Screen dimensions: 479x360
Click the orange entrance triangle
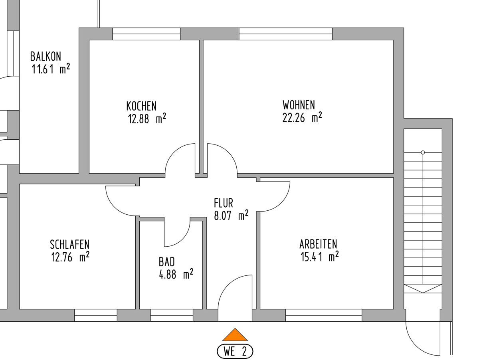[235, 335]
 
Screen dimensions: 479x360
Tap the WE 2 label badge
[235, 351]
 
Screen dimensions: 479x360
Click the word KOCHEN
[141, 106]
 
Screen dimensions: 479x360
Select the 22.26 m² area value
[302, 118]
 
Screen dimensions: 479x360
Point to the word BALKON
[46, 56]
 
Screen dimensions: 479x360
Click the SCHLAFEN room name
[69, 245]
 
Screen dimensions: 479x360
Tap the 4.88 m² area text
[176, 274]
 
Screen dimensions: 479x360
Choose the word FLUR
[224, 203]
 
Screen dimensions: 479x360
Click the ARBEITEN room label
[318, 244]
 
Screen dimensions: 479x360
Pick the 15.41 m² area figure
[319, 257]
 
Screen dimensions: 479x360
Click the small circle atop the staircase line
[423, 152]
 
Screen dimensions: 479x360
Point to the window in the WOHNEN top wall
[286, 34]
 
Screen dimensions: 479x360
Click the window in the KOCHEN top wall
[146, 34]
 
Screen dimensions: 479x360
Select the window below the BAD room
[172, 315]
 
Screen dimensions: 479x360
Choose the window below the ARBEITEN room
[324, 315]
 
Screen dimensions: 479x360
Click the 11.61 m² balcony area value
[51, 69]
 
